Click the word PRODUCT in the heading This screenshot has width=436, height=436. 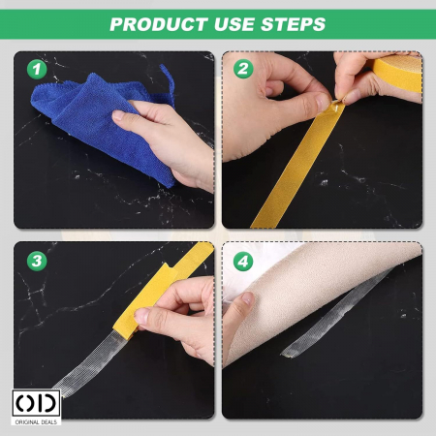point(159,24)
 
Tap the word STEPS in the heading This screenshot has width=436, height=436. point(293,24)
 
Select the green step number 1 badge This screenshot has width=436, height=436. point(37,70)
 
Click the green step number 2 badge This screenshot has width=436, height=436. point(243,69)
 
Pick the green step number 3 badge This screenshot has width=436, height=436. point(37,261)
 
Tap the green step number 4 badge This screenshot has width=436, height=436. point(243,262)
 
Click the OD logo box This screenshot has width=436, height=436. point(36,403)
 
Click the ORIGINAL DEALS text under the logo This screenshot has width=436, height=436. point(36,421)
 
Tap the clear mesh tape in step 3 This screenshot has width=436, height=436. point(87,361)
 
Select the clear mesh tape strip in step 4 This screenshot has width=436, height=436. point(336,313)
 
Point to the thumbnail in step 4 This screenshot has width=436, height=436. point(248,297)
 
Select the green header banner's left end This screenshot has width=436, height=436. point(1,24)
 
